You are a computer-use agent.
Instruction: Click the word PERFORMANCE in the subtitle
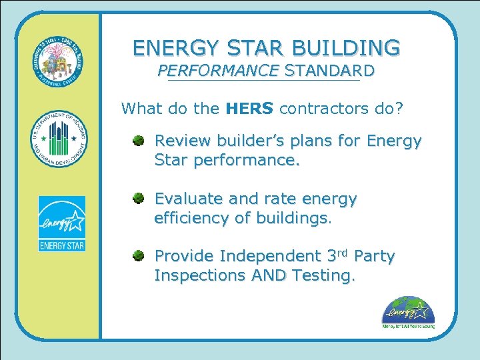217,70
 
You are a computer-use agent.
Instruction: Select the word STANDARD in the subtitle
329,70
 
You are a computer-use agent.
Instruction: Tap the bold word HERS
249,108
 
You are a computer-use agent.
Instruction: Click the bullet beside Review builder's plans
137,141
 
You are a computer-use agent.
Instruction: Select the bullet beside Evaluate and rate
137,198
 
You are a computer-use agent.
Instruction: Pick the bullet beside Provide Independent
137,255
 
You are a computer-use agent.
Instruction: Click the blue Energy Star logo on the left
61,224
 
